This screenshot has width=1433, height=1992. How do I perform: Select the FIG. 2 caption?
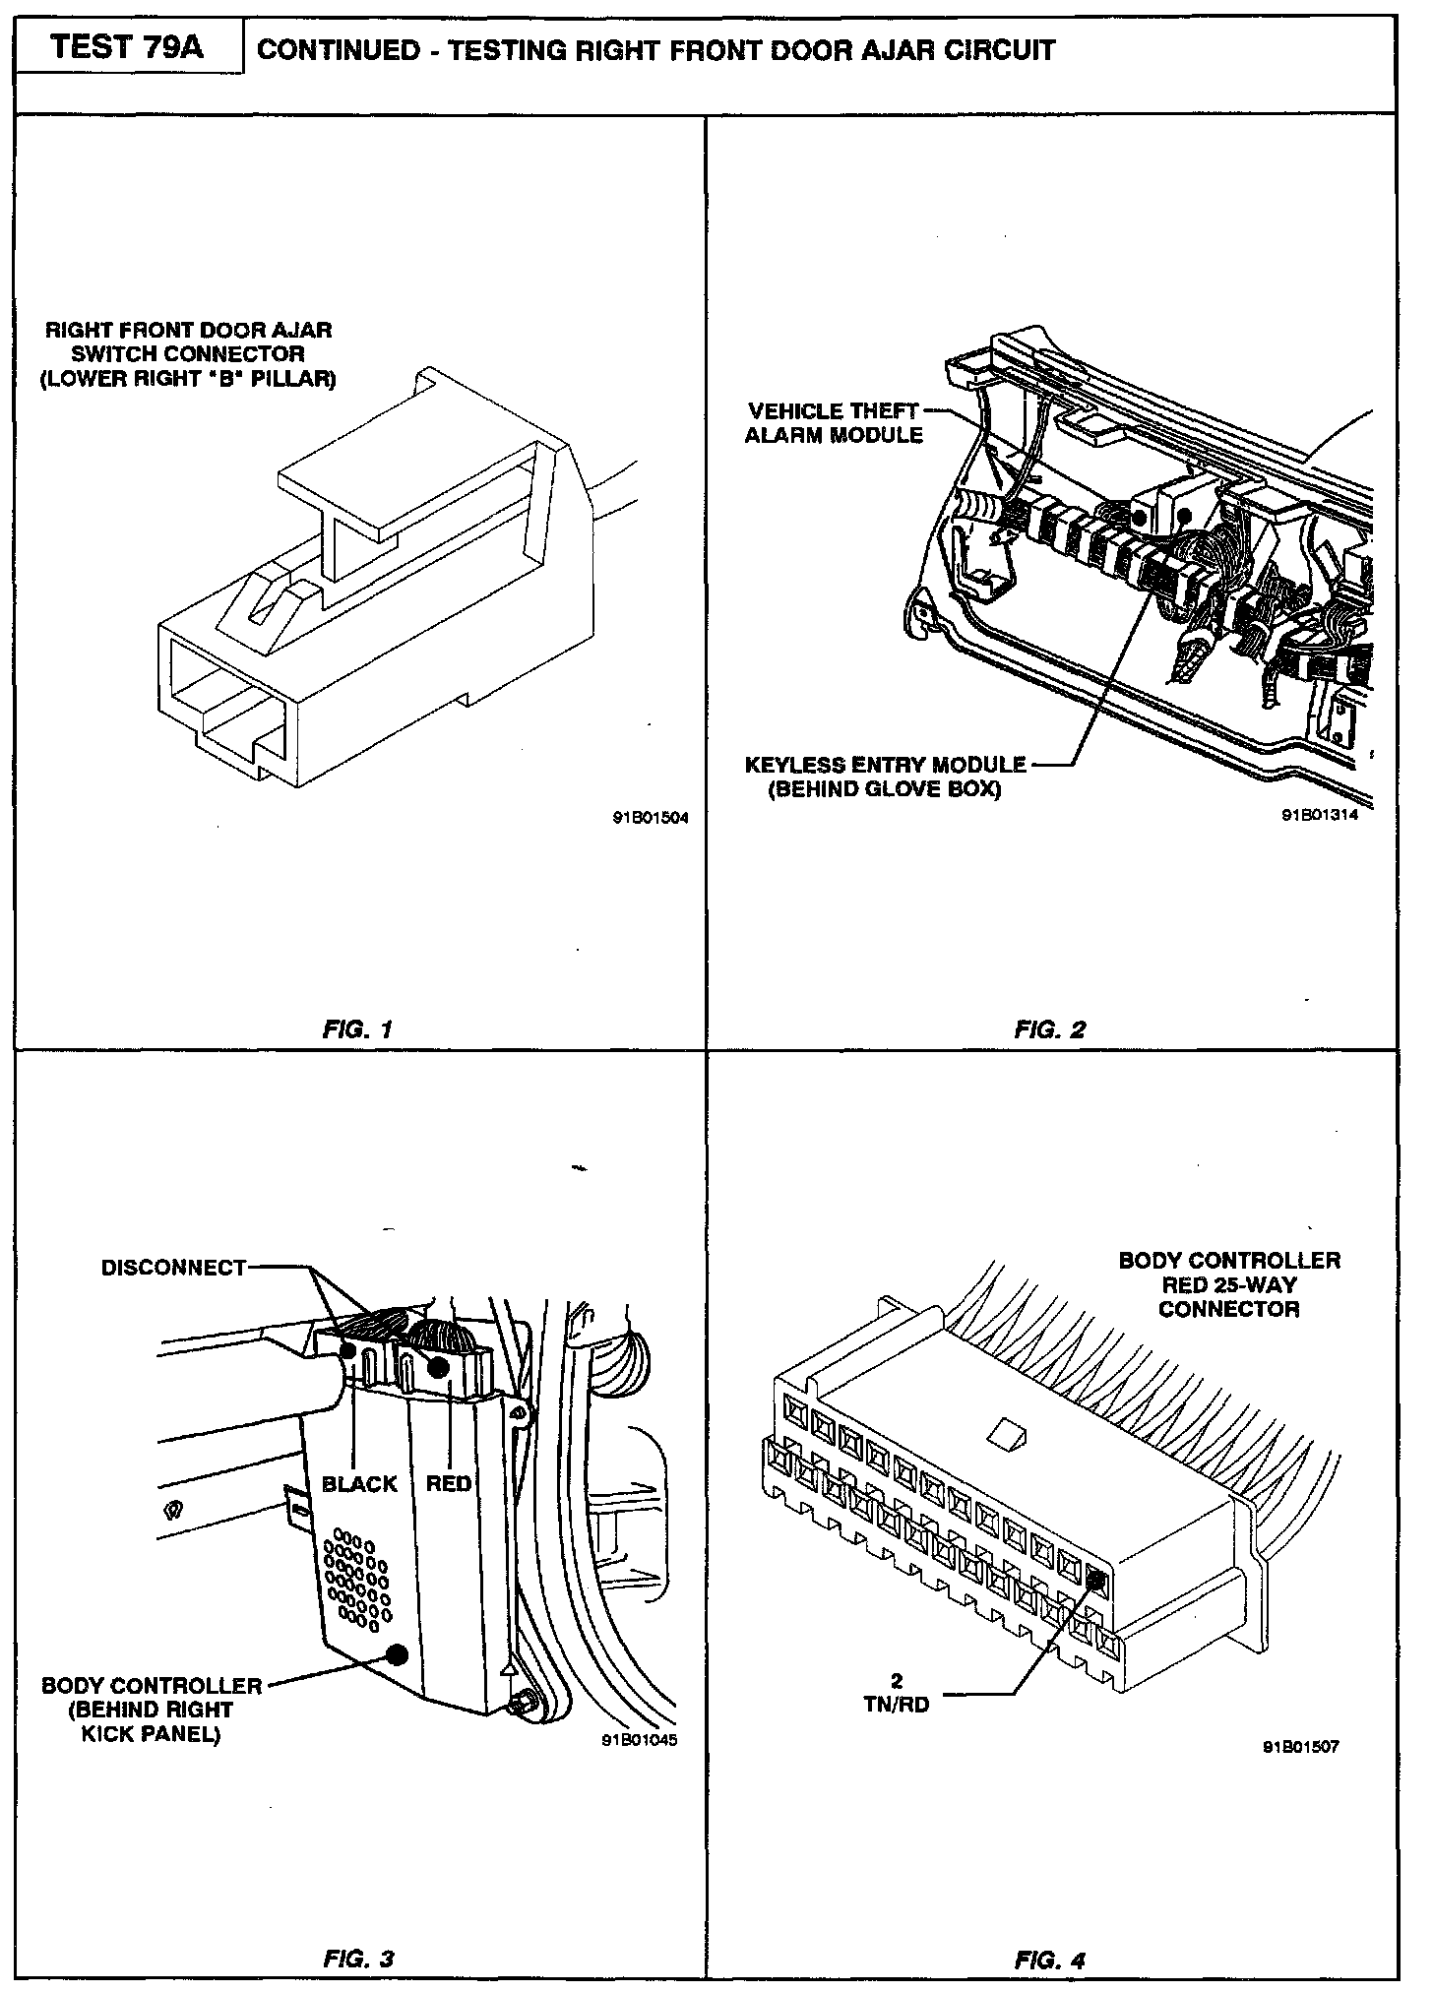pos(1050,1030)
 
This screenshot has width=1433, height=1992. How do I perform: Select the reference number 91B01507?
pos(1300,1748)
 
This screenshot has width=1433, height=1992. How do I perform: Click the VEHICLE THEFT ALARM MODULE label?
pos(834,423)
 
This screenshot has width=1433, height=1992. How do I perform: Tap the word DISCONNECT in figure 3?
pos(173,1268)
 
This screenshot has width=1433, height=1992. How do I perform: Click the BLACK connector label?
pos(359,1484)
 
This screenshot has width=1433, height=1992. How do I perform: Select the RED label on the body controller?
pos(448,1483)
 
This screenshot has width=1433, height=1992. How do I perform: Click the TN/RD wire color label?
pos(897,1706)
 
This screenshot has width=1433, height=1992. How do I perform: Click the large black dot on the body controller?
pos(398,1654)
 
